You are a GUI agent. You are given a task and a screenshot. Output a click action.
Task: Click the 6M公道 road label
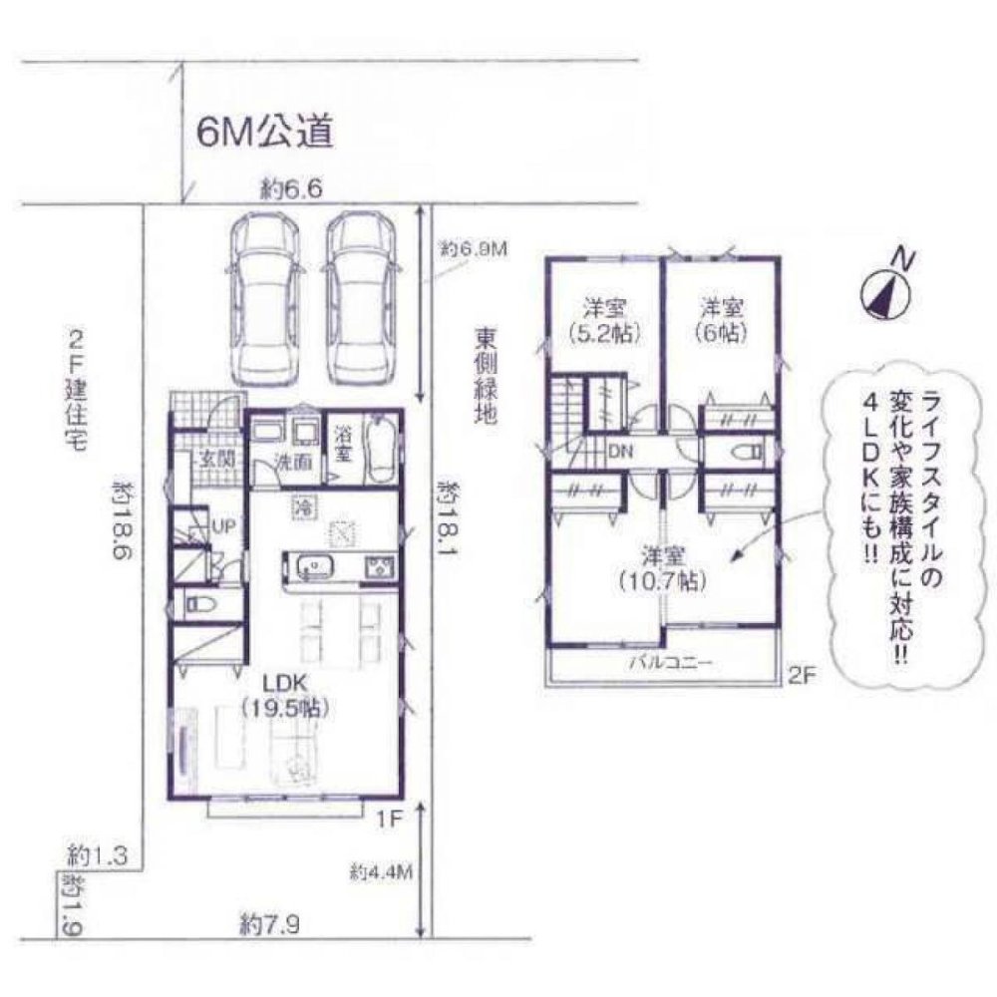point(263,133)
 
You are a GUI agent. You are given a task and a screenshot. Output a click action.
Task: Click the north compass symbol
point(885,291)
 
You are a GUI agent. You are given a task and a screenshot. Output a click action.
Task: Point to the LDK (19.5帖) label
point(287,696)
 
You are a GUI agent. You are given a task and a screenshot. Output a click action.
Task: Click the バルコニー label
point(663,662)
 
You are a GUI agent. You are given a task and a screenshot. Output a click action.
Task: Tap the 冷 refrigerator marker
point(300,507)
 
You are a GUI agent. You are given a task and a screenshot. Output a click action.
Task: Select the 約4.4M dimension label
point(381,870)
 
